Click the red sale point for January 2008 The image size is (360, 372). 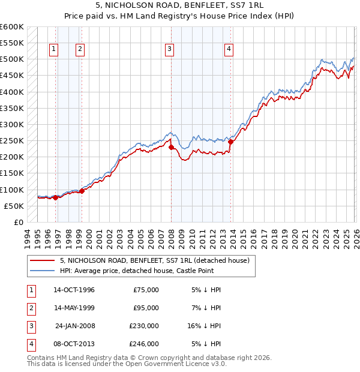click(171, 147)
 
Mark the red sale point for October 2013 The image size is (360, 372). click(230, 142)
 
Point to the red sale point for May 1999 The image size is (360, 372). click(82, 191)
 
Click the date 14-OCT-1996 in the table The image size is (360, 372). click(74, 290)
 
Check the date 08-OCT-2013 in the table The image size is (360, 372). click(74, 344)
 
